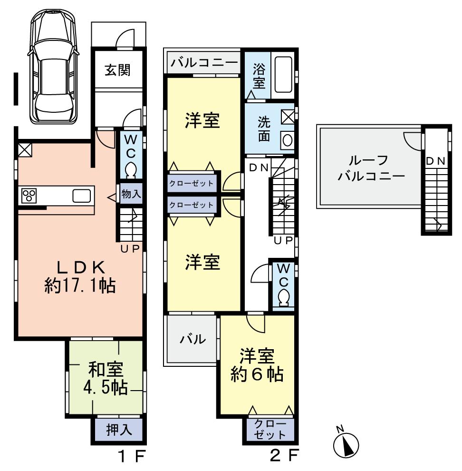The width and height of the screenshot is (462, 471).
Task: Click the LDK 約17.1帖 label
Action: coord(80,276)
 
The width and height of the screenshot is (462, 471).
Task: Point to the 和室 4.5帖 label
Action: coord(106,379)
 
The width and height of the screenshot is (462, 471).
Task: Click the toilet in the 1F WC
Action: coord(130,169)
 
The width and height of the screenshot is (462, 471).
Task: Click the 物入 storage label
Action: coord(130,194)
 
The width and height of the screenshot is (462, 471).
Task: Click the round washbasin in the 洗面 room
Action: coord(287,140)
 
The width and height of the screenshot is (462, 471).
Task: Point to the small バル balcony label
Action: coord(192,340)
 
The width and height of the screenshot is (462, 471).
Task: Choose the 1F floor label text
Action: coord(131,457)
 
